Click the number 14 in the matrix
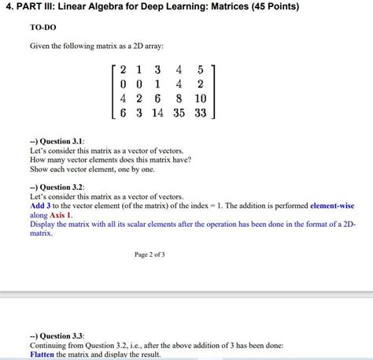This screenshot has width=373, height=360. pos(157,113)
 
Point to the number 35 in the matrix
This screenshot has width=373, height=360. pos(179,113)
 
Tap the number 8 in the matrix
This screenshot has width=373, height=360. pos(179,99)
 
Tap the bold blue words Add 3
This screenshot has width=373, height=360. pos(42,205)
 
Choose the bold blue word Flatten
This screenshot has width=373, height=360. pos(46,354)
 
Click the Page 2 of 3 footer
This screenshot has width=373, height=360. pos(150,254)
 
